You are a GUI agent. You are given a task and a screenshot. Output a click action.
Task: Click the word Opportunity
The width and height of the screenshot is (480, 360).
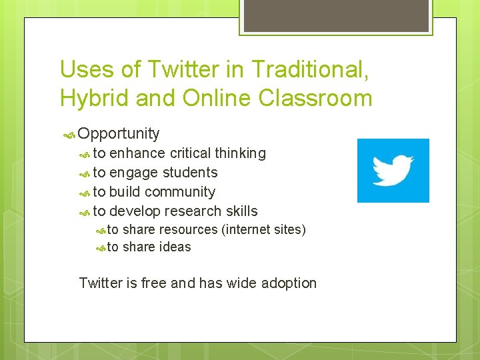[x=119, y=134]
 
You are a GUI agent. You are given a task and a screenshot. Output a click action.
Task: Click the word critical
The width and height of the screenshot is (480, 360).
[x=190, y=153]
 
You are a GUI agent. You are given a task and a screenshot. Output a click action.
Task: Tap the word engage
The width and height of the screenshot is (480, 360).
[x=133, y=173]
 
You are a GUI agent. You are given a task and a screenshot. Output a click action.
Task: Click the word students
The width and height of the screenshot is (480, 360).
[x=190, y=173]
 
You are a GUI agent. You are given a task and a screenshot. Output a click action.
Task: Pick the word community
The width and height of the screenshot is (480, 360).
[x=179, y=192]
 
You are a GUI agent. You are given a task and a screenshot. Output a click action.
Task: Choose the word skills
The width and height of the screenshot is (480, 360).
[x=241, y=211]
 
